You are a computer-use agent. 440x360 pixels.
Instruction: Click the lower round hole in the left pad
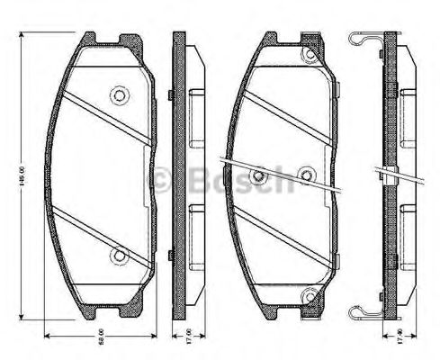click(117, 256)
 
